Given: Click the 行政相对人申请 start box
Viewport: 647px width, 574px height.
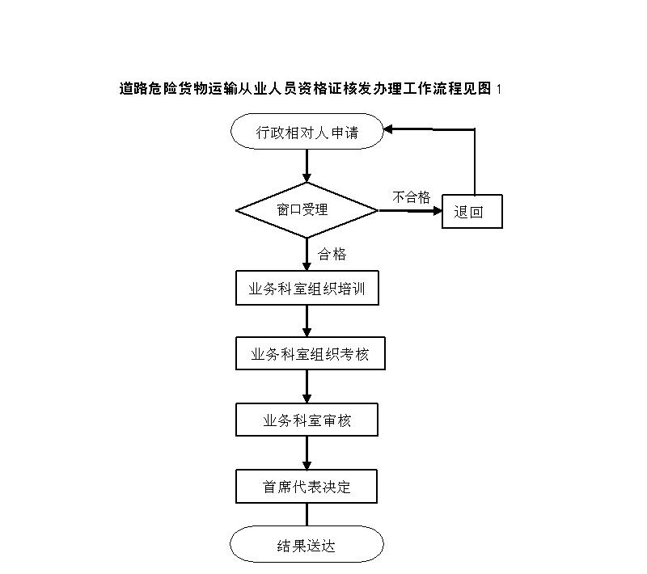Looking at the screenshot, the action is (x=307, y=132).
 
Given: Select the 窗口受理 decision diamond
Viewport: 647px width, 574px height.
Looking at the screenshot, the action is (x=307, y=210).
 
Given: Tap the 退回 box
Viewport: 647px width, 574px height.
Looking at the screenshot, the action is (x=472, y=212).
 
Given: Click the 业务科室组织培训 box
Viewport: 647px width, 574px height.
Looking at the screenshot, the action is (x=307, y=288).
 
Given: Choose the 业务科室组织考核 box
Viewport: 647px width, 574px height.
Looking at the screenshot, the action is (x=311, y=353).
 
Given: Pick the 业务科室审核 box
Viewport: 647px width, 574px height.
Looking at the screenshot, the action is (x=307, y=420).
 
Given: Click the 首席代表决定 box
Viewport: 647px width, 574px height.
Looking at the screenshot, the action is (x=307, y=486).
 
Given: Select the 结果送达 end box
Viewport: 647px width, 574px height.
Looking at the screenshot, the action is (x=307, y=544).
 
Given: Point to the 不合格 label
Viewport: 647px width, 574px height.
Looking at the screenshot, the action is (x=411, y=197).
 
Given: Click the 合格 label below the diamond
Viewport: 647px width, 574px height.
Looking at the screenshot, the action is (x=332, y=254).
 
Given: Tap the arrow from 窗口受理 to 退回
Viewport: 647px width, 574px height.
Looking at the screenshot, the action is (x=410, y=211).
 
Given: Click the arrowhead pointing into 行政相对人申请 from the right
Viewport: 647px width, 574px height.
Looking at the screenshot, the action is (x=388, y=130).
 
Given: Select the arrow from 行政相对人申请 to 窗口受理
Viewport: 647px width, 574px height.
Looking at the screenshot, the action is (x=307, y=166).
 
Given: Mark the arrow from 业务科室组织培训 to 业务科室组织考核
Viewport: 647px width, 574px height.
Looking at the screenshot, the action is (x=307, y=321).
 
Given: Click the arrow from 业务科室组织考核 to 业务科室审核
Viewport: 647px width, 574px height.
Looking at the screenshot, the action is (x=307, y=386).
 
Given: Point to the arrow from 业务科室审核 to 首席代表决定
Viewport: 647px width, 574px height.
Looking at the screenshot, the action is (x=307, y=453).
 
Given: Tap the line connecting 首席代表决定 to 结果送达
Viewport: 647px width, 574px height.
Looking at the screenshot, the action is (x=307, y=514).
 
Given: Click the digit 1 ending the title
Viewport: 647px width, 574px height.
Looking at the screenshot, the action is (x=499, y=89).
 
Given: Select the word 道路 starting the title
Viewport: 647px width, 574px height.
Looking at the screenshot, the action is (x=134, y=89).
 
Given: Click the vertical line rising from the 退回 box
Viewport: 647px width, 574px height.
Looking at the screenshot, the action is (x=475, y=162).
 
